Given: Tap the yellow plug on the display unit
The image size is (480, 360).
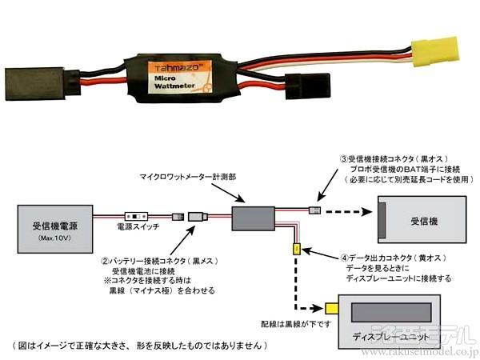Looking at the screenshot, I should coord(330,308).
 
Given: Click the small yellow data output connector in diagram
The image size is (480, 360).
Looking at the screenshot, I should coord(296,250).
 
